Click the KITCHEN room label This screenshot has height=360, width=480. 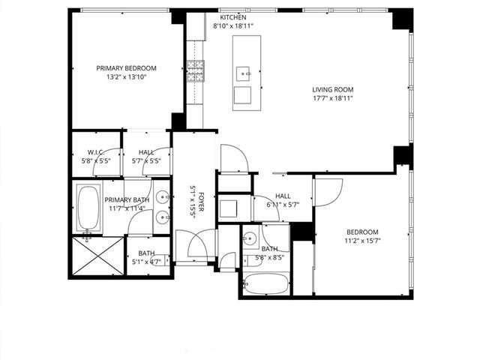point(232,17)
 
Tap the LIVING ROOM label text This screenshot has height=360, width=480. point(332,89)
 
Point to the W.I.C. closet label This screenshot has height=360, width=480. point(94,151)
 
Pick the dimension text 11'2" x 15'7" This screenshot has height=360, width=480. point(362,241)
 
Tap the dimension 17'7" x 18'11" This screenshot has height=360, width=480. point(332,97)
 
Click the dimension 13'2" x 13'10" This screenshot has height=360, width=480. point(125,76)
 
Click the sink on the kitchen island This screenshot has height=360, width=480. point(243,73)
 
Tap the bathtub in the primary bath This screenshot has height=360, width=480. point(88,208)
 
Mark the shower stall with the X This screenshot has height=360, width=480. point(97,258)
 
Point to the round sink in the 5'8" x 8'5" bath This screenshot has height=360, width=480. point(250,240)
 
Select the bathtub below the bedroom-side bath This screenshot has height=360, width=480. point(264,284)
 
